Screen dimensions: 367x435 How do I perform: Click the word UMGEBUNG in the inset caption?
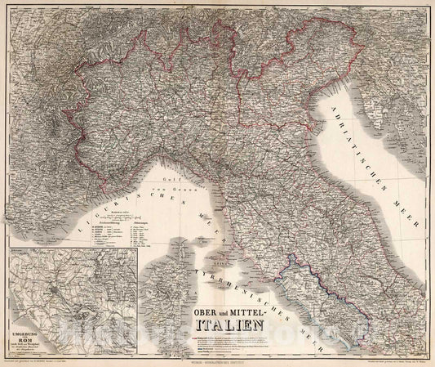tap(20, 321)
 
